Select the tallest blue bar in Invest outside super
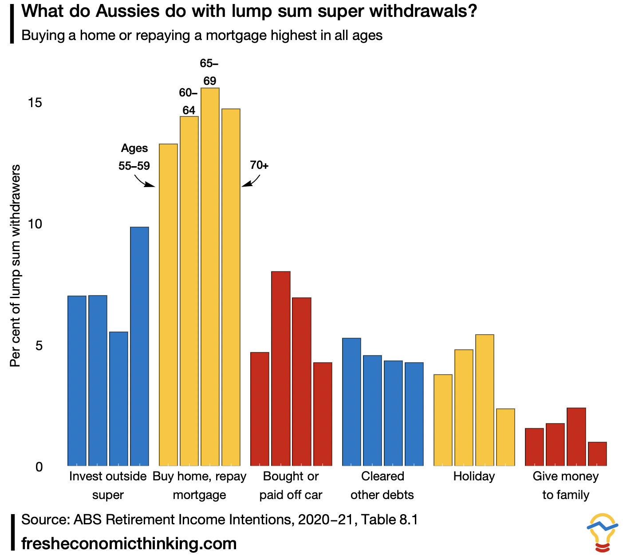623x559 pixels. pyautogui.click(x=139, y=346)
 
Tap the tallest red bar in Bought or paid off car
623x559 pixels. pyautogui.click(x=281, y=368)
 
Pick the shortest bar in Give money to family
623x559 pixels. pyautogui.click(x=597, y=454)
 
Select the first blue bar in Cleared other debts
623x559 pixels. pyautogui.click(x=351, y=402)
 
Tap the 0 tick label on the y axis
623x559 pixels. pyautogui.click(x=39, y=467)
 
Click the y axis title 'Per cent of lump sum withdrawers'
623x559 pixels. pyautogui.click(x=16, y=266)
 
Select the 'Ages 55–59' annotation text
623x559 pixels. pyautogui.click(x=134, y=157)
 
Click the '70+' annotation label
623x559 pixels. pyautogui.click(x=259, y=165)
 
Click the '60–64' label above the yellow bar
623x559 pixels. pyautogui.click(x=189, y=101)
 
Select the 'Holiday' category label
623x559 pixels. pyautogui.click(x=474, y=476)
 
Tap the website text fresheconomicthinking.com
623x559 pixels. pyautogui.click(x=129, y=543)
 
